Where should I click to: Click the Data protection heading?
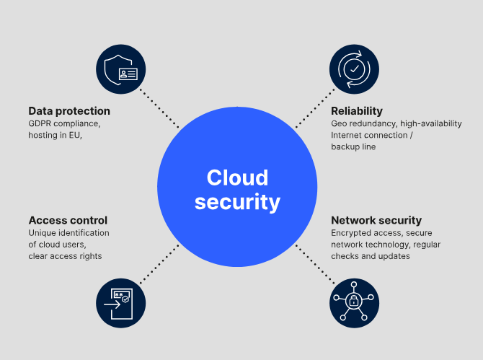coord(69,111)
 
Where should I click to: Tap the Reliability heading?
coord(356,111)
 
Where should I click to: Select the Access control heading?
coord(68,220)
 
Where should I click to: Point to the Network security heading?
coord(376,220)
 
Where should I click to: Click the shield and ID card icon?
coord(120,69)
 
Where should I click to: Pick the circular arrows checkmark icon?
coord(354,69)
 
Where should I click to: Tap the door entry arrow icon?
coord(120,303)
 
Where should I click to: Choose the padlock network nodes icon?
coord(354,303)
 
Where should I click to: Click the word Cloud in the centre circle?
coord(237,177)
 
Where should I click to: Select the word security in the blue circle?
coord(237,202)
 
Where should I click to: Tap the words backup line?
coord(353,146)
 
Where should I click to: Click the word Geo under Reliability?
coord(340,123)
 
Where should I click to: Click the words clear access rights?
coord(65,256)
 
